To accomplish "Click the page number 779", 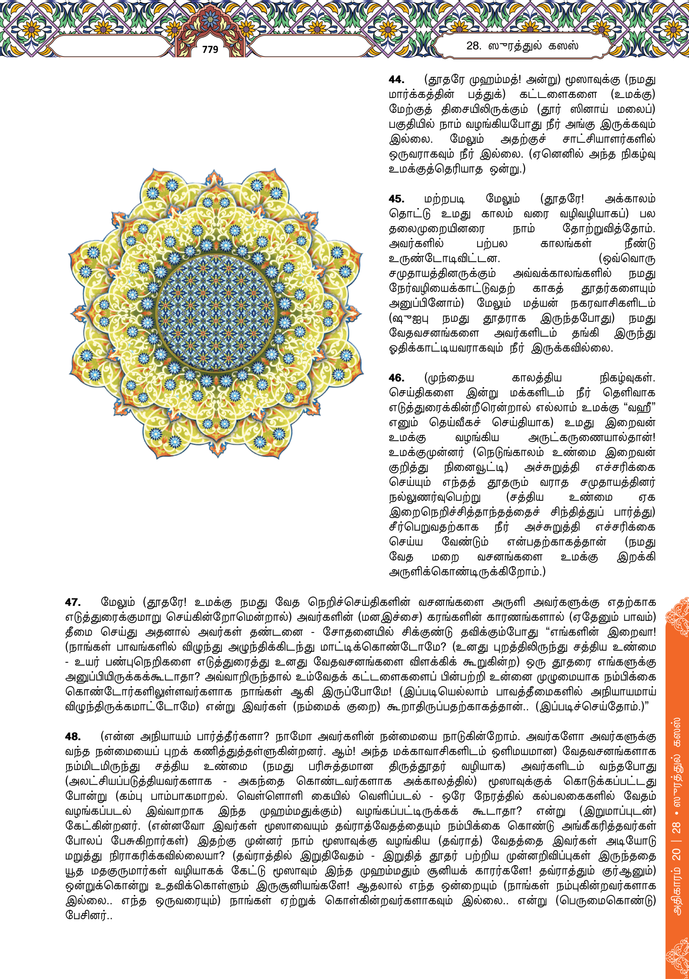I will (x=210, y=50).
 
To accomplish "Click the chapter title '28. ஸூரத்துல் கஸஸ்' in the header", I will (x=522, y=46).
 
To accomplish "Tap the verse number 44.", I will (x=396, y=80).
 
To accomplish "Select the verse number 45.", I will (x=396, y=199).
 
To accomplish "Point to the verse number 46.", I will (x=396, y=378).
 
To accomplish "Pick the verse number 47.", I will (x=73, y=602).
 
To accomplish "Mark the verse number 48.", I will (x=73, y=737).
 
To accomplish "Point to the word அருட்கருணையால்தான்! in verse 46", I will (x=591, y=438).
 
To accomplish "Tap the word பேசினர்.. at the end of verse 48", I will (x=88, y=916).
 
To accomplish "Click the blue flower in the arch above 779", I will (x=210, y=19).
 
